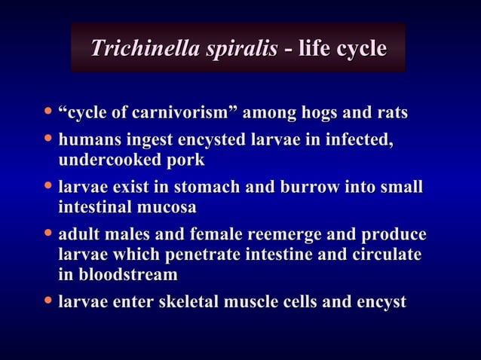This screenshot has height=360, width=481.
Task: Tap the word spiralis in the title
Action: click(237, 50)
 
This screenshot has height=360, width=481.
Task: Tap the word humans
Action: click(87, 141)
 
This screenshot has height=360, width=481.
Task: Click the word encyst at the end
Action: click(381, 303)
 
